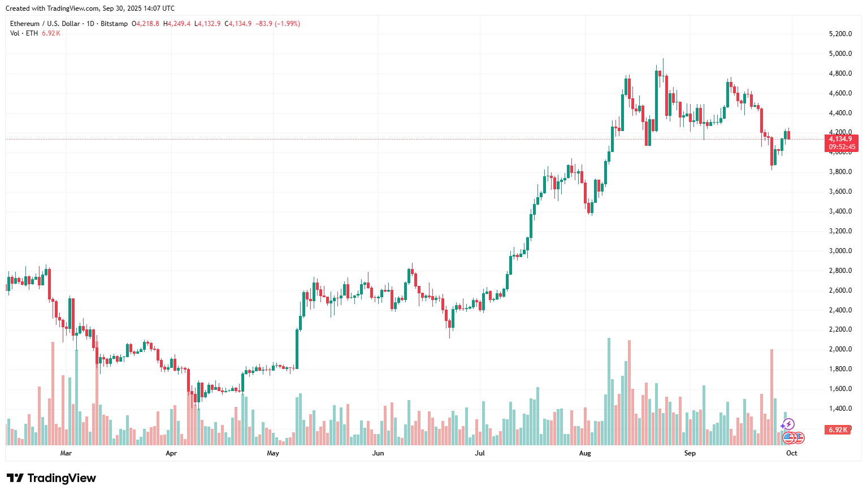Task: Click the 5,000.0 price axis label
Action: pos(840,54)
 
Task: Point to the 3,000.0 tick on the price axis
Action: pos(840,251)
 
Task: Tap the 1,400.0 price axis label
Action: pos(840,409)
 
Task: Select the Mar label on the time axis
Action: pos(66,453)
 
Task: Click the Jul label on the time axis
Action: pos(480,453)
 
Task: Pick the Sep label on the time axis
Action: pos(690,453)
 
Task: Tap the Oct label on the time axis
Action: pos(792,453)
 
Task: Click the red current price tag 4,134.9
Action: pos(841,139)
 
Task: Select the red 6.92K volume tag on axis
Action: pos(838,430)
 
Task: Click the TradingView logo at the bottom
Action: pos(51,478)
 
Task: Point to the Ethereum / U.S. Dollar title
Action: pos(45,24)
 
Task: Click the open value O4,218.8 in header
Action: pos(145,24)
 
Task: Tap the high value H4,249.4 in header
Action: pos(177,24)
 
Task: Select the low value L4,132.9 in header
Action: pos(207,24)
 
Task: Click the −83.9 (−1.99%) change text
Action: pos(278,24)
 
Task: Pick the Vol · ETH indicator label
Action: pos(24,33)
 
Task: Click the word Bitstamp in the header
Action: pos(114,24)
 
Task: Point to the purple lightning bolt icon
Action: pos(788,424)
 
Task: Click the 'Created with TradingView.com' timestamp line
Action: pos(90,8)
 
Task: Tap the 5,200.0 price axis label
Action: pos(840,34)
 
